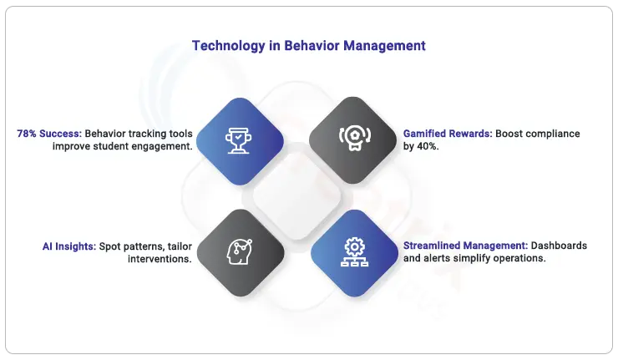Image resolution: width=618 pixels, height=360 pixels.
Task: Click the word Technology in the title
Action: (x=229, y=46)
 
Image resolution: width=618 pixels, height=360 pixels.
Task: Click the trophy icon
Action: (x=239, y=140)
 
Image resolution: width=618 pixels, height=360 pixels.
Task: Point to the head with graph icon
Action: (x=240, y=251)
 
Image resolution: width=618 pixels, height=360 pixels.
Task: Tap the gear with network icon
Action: (x=355, y=252)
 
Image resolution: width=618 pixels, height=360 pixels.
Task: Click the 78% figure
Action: (x=27, y=134)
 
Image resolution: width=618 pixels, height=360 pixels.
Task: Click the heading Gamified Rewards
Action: (x=448, y=134)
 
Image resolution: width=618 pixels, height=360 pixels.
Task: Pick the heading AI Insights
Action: (x=69, y=246)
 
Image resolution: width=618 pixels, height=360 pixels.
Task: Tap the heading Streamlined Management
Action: (x=465, y=246)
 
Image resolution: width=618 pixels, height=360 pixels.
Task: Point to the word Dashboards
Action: (x=559, y=246)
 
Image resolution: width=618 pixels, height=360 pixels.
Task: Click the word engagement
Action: (x=162, y=147)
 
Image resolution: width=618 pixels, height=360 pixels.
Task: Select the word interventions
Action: (x=159, y=259)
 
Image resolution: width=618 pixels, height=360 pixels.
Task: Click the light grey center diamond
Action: (x=296, y=196)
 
